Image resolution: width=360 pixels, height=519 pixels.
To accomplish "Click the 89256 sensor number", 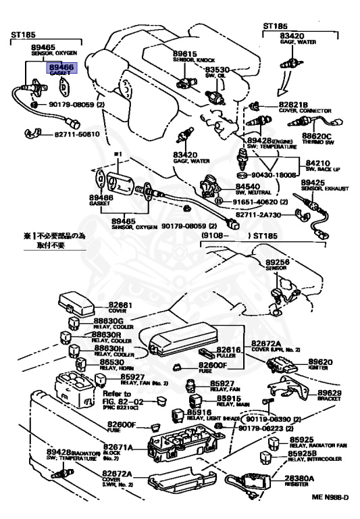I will [x=279, y=259].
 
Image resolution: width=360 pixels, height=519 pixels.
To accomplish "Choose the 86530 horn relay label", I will [x=108, y=363].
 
